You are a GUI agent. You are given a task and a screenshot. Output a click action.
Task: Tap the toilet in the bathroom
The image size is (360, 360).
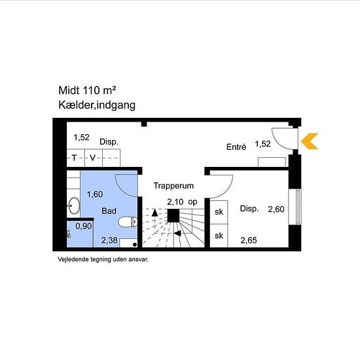click(x=128, y=222)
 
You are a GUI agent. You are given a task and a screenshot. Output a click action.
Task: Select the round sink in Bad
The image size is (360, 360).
click(x=74, y=206)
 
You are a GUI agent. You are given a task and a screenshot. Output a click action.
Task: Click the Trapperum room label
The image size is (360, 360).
click(x=173, y=185)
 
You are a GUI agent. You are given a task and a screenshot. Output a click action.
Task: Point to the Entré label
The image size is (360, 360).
click(x=236, y=147)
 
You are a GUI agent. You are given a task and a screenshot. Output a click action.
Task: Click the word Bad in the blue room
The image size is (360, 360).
click(x=109, y=211)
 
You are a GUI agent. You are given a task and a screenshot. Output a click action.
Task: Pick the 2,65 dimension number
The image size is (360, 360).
click(x=249, y=240)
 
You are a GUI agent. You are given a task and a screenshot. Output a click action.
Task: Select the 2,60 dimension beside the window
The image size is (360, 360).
click(x=276, y=209)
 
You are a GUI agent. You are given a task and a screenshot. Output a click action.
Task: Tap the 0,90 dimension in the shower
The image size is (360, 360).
click(x=84, y=226)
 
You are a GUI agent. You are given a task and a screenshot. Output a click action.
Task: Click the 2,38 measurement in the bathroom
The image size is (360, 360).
click(x=109, y=240)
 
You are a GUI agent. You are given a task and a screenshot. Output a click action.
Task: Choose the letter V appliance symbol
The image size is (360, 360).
click(x=92, y=158)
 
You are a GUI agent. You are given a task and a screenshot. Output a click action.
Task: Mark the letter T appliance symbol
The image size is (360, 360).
click(x=74, y=158)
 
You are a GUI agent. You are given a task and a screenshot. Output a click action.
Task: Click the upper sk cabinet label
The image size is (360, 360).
click(x=219, y=211)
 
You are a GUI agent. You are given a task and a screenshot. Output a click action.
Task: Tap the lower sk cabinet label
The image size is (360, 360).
click(x=219, y=236)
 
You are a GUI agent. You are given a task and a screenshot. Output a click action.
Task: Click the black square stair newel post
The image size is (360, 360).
click(x=173, y=215)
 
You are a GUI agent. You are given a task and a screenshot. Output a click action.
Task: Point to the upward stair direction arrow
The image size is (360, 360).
click(x=155, y=213)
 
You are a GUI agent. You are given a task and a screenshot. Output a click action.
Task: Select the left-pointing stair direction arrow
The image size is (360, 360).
click(x=177, y=234)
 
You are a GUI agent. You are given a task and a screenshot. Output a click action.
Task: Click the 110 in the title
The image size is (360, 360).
click(x=91, y=90)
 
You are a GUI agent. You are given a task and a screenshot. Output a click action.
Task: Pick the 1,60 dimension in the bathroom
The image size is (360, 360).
click(x=95, y=194)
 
